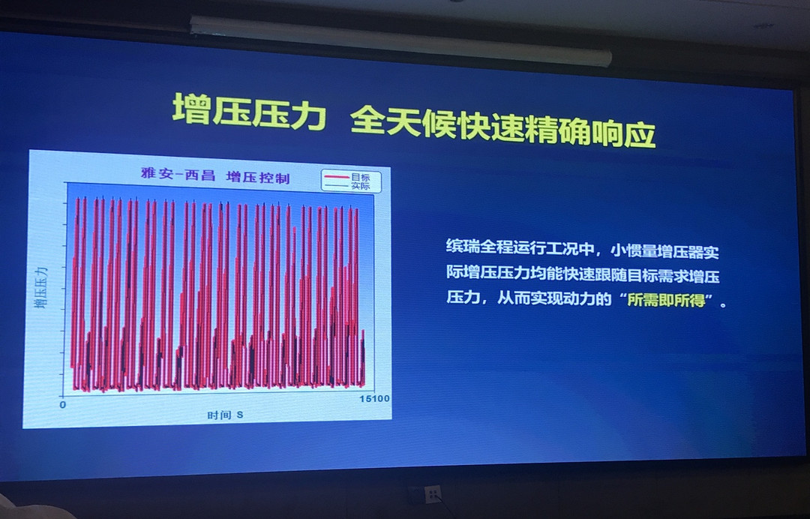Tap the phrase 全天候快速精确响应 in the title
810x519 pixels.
502,127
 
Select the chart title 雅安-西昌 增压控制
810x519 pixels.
215,175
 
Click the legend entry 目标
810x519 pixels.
361,177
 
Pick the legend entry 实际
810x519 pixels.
361,186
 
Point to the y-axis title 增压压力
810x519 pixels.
40,287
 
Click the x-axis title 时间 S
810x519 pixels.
225,415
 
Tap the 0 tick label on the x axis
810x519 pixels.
62,404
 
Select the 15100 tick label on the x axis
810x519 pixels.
374,398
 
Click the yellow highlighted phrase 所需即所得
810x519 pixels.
667,300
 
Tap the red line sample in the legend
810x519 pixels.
337,177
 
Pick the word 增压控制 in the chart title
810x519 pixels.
258,177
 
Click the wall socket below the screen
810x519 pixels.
432,494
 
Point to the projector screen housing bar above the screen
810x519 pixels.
400,40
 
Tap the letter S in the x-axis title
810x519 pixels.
240,415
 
